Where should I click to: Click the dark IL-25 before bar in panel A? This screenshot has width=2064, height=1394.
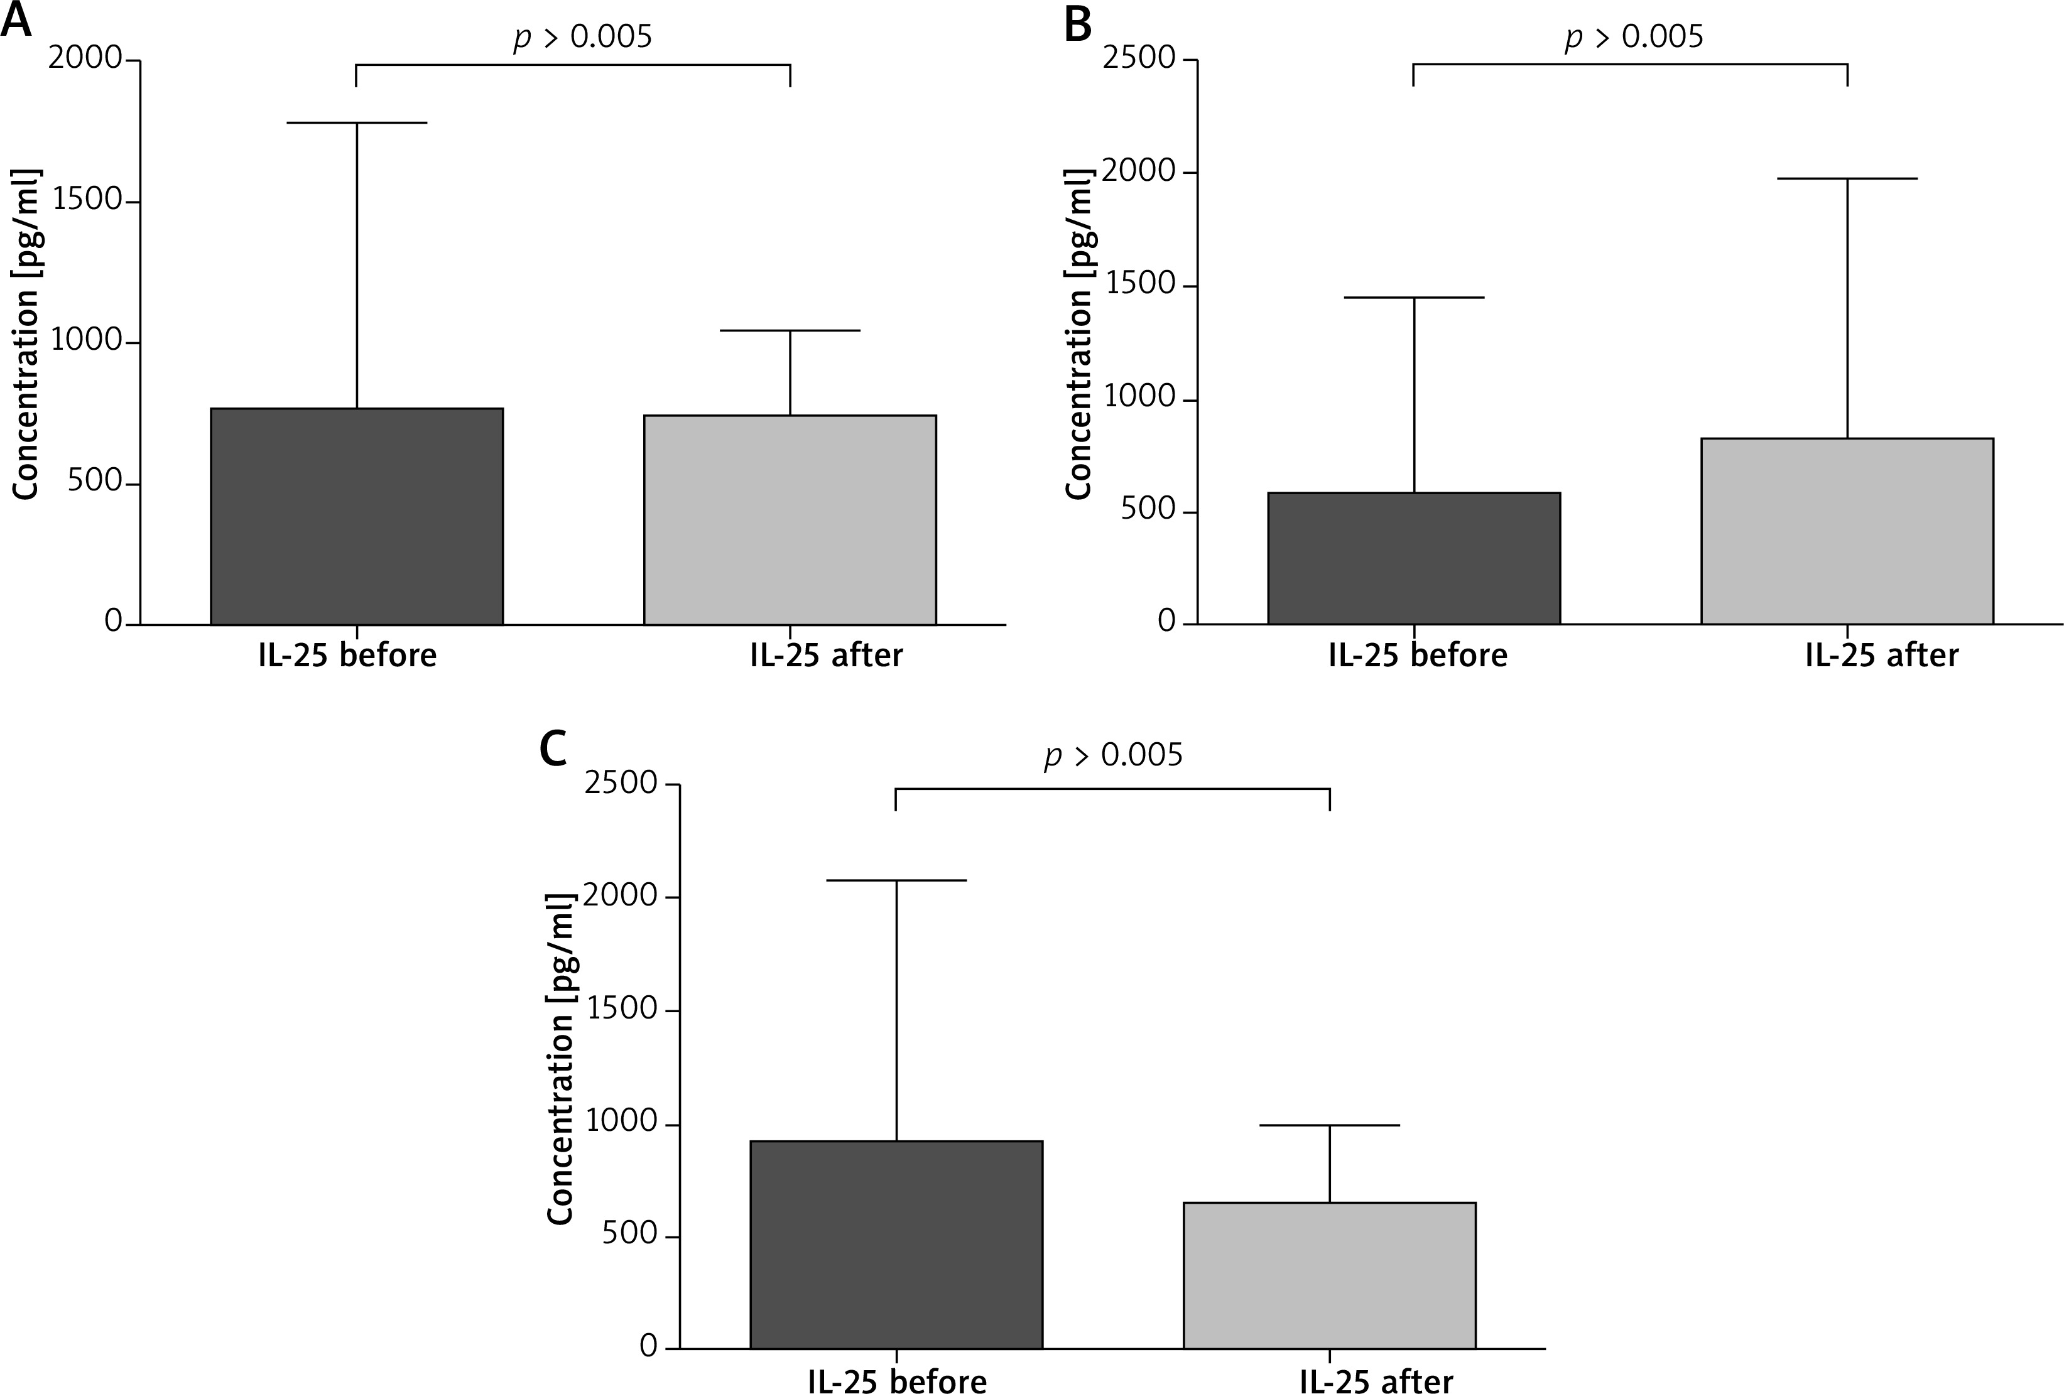click(357, 517)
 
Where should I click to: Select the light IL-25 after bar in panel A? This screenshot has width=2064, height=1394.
click(790, 521)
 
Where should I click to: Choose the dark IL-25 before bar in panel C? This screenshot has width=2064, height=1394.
click(896, 1244)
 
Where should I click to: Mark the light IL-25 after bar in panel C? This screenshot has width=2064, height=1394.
click(1330, 1275)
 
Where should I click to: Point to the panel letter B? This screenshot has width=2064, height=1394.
click(1077, 24)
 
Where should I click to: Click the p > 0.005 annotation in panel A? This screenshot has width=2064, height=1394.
click(583, 37)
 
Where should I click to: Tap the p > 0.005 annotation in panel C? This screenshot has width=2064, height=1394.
click(1114, 755)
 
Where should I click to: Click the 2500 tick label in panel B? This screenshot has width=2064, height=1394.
click(1139, 58)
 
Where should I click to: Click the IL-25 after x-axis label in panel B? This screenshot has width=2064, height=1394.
click(1882, 656)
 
